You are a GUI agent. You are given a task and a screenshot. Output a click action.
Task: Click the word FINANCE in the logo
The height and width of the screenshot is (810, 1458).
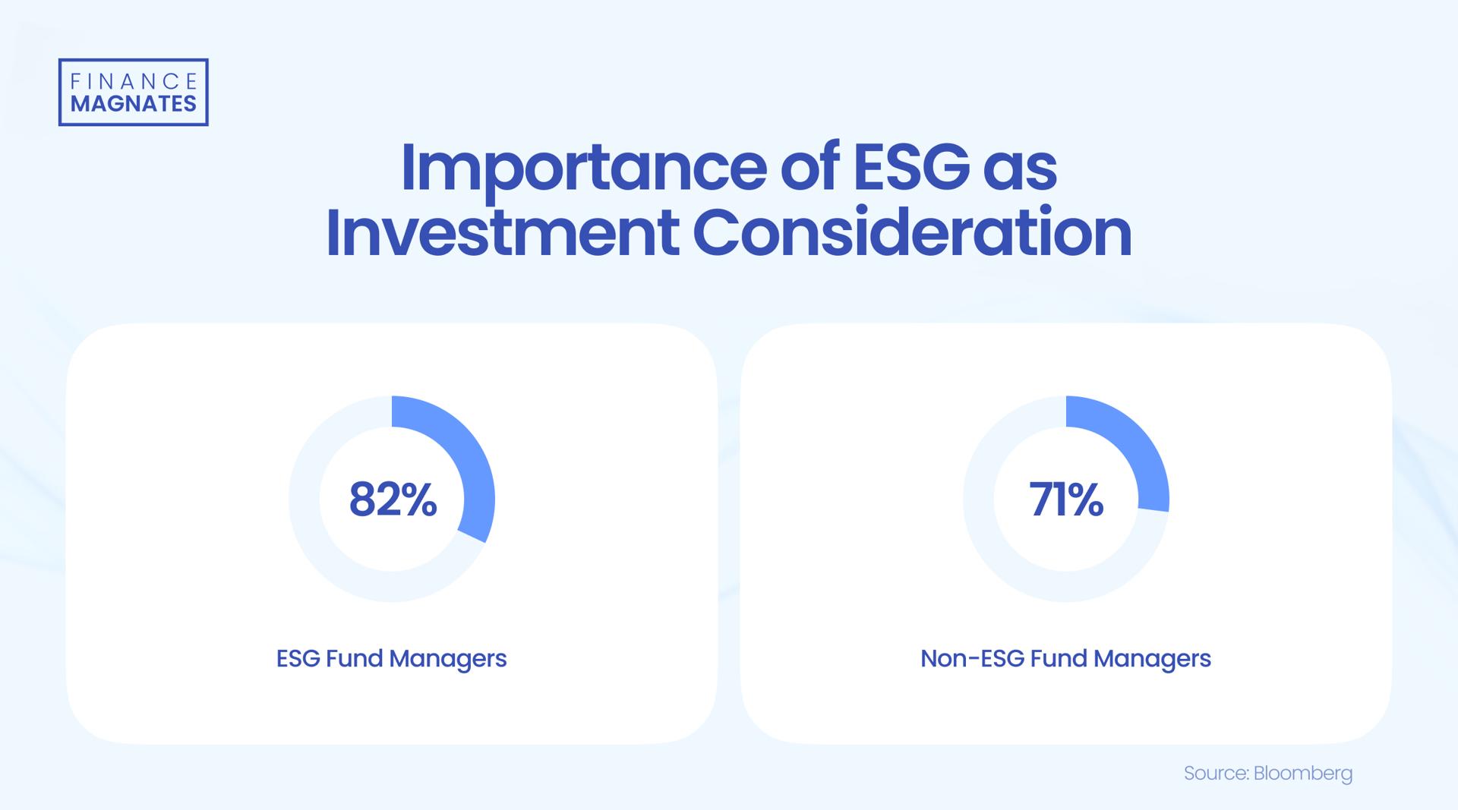134,81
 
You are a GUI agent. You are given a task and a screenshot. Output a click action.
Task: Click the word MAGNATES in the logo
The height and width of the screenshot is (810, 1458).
134,104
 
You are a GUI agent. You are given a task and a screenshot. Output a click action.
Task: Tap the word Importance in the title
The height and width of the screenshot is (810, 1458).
583,168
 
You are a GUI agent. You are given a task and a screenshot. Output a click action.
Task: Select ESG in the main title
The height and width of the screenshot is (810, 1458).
912,168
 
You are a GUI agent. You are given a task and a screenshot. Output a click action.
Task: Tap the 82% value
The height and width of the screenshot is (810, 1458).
393,500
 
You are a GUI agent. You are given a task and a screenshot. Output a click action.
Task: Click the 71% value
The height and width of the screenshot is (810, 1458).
1066,500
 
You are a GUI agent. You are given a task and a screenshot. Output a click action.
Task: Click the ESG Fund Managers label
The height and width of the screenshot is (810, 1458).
391,658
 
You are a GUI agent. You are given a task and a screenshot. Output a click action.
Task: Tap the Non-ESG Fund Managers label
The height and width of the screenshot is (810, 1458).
1065,658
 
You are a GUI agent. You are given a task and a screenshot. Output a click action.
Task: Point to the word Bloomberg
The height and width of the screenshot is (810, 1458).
1303,774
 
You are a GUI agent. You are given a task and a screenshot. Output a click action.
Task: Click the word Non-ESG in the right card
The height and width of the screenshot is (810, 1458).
972,658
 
